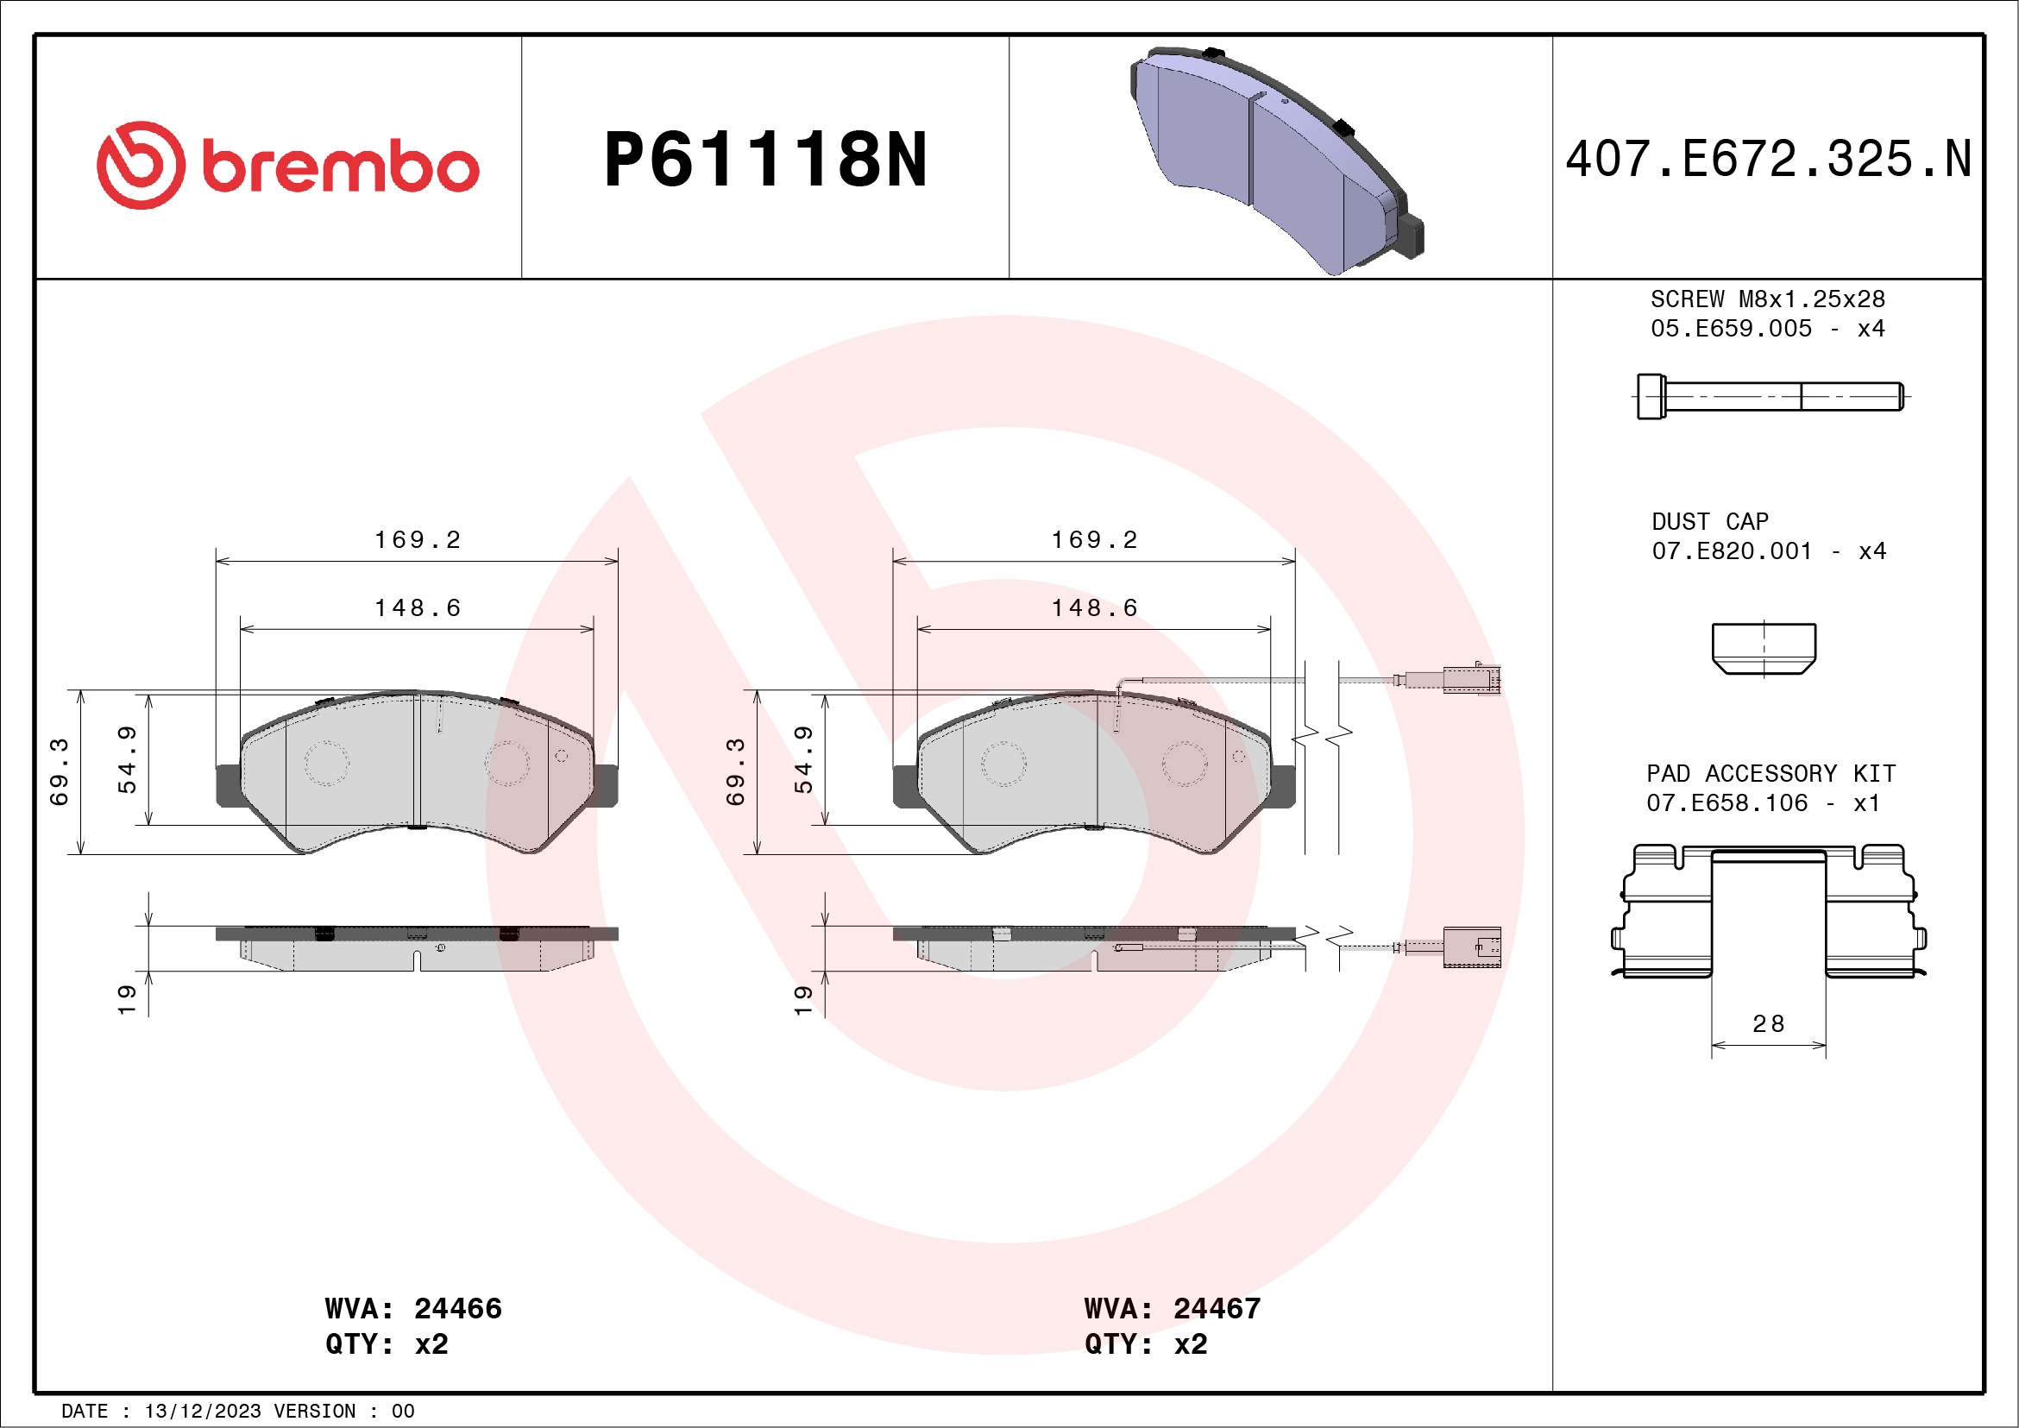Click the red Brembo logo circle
pos(141,166)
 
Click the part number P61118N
pos(764,160)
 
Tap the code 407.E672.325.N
pos(1768,160)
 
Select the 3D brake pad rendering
pos(1275,158)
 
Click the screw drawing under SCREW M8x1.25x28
pos(1770,397)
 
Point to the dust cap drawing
pos(1763,648)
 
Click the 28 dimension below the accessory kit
pos(1768,1023)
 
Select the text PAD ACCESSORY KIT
pos(1771,774)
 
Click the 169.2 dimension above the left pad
pos(418,540)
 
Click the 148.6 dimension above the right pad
pos(1094,607)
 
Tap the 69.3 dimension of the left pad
pos(59,771)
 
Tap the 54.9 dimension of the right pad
pos(802,758)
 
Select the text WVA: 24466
pos(412,1308)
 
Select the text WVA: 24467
pos(1172,1308)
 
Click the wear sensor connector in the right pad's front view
pos(1470,681)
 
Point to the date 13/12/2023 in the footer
pos(202,1412)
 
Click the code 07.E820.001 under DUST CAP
pos(1731,551)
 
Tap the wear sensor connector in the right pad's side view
pos(1470,947)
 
